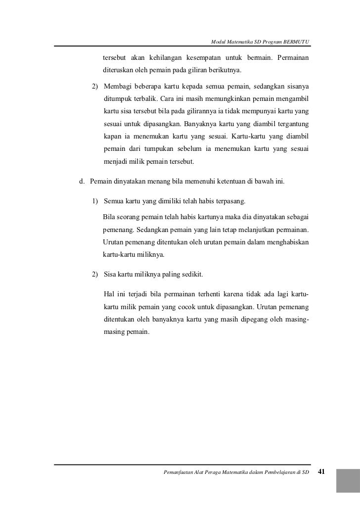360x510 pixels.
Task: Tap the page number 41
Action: tap(321, 471)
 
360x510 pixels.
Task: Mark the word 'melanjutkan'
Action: tap(264, 231)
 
